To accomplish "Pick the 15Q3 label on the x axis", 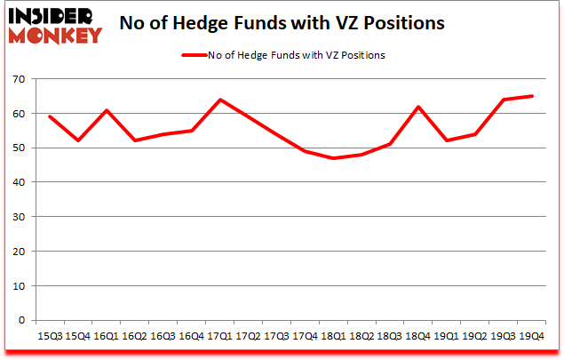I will tap(50, 336).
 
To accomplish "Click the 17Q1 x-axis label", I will tap(218, 336).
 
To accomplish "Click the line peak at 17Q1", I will tap(218, 100).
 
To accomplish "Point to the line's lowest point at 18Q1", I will tap(331, 158).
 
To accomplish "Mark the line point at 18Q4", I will tap(416, 107).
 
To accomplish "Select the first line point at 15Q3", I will tap(50, 116).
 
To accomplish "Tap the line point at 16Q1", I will tap(106, 110).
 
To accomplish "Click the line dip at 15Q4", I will tap(78, 140).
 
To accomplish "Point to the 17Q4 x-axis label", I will tap(303, 336).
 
